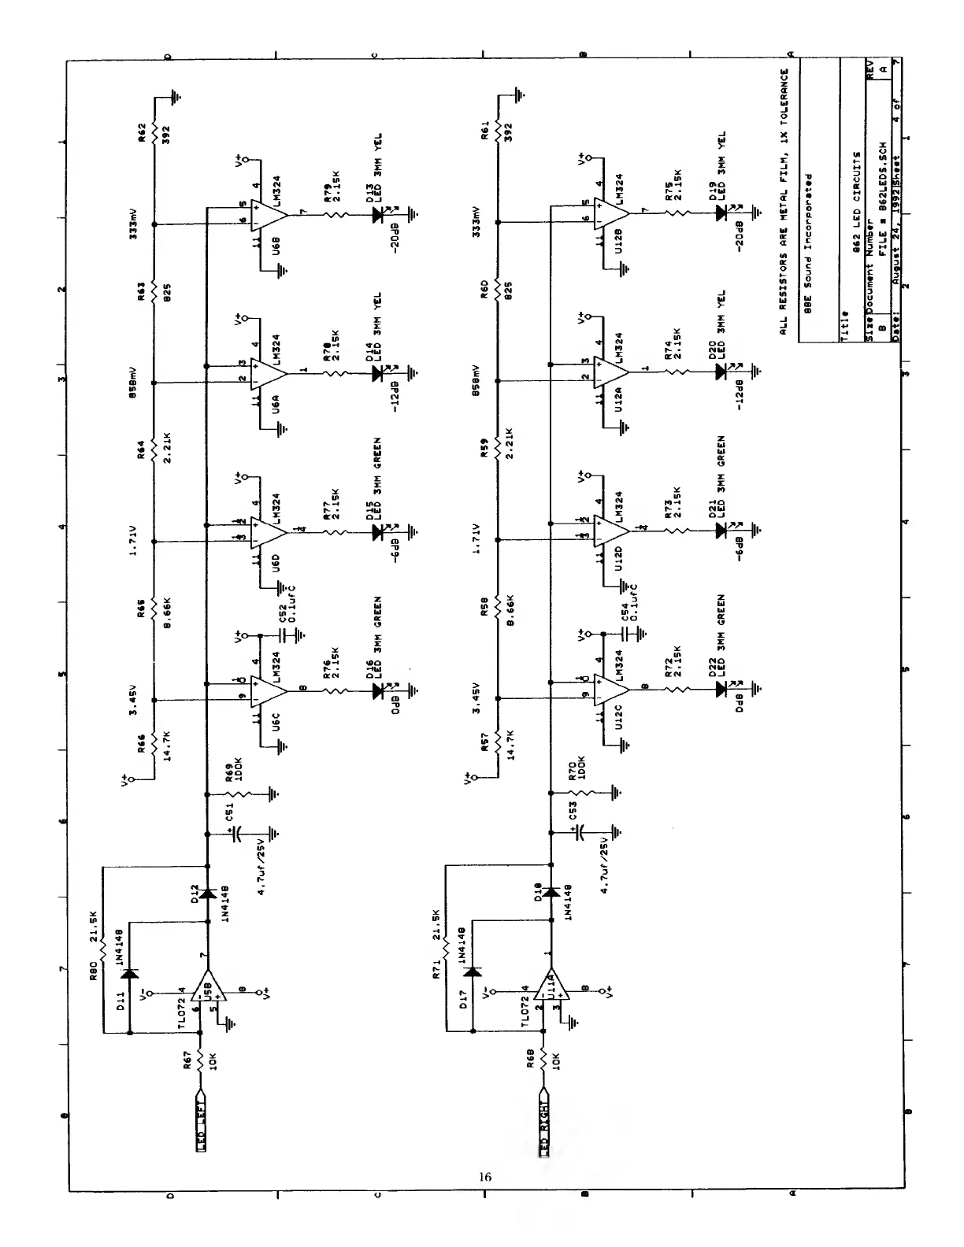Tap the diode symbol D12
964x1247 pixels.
tap(208, 894)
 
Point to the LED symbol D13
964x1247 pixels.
tap(378, 213)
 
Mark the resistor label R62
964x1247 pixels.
tap(142, 130)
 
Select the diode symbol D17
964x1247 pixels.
tap(473, 971)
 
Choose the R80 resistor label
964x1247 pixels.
tap(93, 971)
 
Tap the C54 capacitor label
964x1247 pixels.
tap(625, 615)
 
